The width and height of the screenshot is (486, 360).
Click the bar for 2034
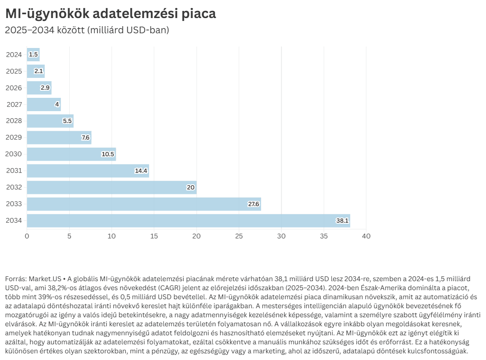pos(188,221)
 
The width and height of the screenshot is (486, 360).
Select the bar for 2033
pos(144,204)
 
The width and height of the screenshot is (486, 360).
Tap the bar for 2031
pos(88,171)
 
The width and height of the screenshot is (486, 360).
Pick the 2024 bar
pos(33,55)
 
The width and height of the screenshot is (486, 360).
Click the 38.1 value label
pos(342,221)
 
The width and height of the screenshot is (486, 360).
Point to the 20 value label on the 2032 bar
pos(191,188)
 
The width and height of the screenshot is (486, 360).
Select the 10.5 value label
pos(108,154)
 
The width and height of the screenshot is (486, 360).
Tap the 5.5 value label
pos(67,121)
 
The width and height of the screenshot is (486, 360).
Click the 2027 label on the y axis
pos(14,104)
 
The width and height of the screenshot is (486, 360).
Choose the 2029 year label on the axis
pos(14,138)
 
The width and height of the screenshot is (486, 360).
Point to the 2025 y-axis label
pos(14,71)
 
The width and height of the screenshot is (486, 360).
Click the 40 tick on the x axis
pos(365,236)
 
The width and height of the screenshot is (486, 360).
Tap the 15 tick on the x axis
pos(154,236)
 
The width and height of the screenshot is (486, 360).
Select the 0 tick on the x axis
pos(27,236)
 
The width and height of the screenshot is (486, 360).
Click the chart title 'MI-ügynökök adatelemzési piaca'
pos(111,14)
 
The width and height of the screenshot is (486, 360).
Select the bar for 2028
pos(50,121)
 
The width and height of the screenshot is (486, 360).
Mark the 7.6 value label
pos(85,138)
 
